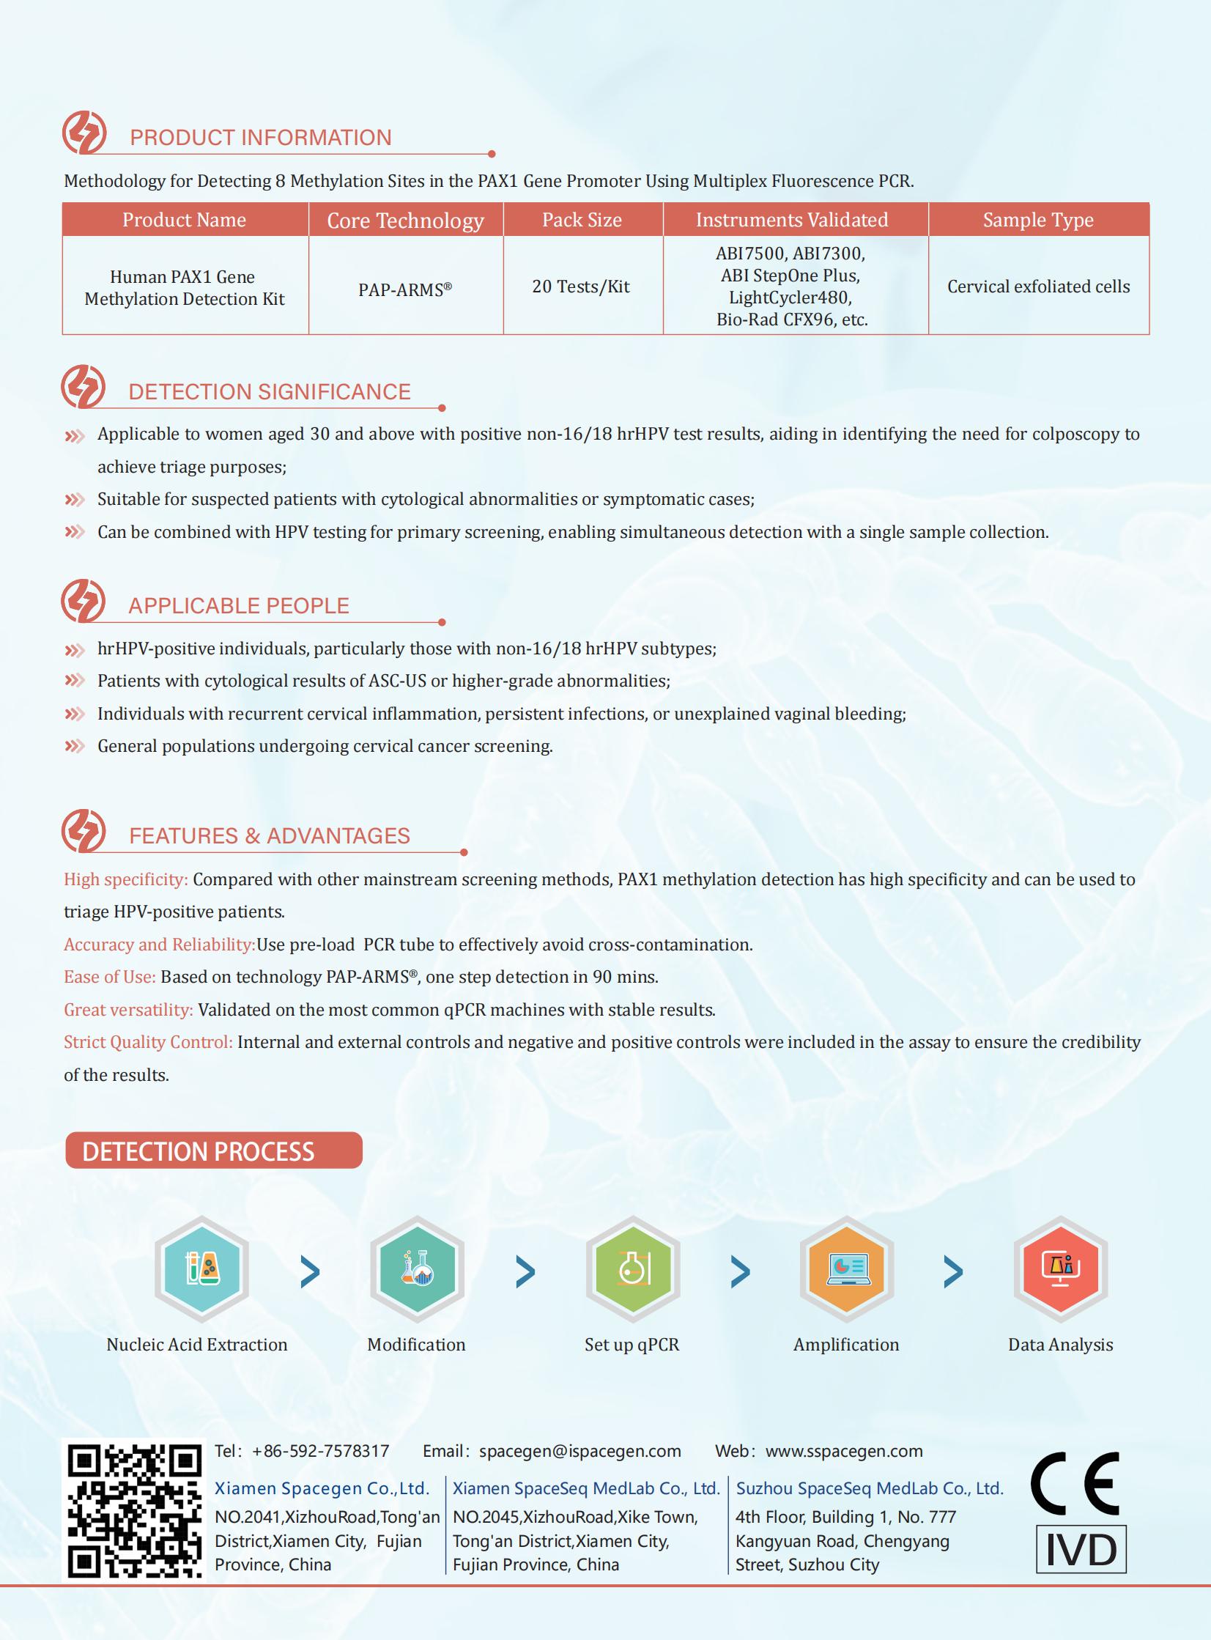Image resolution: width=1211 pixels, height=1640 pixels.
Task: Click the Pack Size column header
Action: pyautogui.click(x=582, y=220)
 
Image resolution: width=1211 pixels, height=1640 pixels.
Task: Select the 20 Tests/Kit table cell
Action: pyautogui.click(x=580, y=287)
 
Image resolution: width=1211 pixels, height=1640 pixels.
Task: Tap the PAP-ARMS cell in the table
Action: pyautogui.click(x=404, y=289)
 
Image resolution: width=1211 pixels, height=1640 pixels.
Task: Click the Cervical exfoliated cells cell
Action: pyautogui.click(x=1038, y=287)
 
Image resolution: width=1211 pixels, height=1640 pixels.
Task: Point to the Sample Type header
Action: pyautogui.click(x=1038, y=220)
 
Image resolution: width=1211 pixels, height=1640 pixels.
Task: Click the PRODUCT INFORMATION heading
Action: pyautogui.click(x=260, y=138)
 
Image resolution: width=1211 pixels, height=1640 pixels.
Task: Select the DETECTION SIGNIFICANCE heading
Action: pyautogui.click(x=269, y=392)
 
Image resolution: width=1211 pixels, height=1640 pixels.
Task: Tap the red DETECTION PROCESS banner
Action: pyautogui.click(x=213, y=1151)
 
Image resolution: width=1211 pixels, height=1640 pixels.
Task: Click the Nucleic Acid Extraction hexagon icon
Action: pyautogui.click(x=201, y=1269)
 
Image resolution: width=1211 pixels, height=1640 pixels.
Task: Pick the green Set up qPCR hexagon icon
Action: pyautogui.click(x=633, y=1269)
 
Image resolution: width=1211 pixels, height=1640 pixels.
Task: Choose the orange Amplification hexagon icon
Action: pyautogui.click(x=847, y=1269)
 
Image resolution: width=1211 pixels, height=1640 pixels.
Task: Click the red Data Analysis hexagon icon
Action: pyautogui.click(x=1060, y=1269)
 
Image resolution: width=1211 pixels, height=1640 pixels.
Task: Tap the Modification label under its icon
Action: pyautogui.click(x=416, y=1345)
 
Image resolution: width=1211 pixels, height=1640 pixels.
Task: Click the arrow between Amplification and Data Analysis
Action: pyautogui.click(x=953, y=1272)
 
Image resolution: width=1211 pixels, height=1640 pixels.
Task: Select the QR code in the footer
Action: pyautogui.click(x=134, y=1511)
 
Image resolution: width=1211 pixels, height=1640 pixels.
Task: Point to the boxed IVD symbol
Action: pyautogui.click(x=1081, y=1549)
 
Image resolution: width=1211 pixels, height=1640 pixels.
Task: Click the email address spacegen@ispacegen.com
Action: pyautogui.click(x=579, y=1451)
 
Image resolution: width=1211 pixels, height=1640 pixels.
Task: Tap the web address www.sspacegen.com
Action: pyautogui.click(x=844, y=1451)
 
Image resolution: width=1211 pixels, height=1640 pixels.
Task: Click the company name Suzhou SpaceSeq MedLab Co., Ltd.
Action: pyautogui.click(x=870, y=1488)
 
